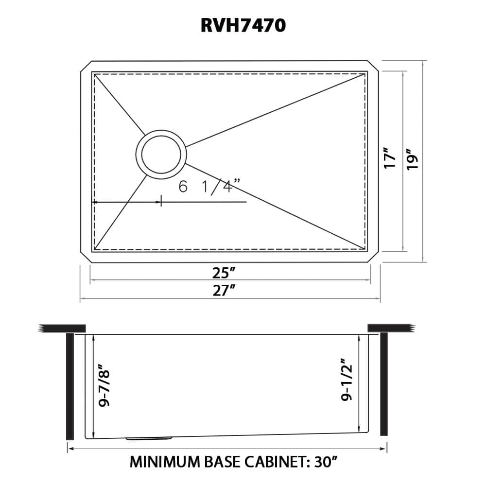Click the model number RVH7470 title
tap(243, 26)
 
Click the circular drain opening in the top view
tap(162, 153)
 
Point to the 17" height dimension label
tap(391, 158)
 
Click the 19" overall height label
tap(413, 158)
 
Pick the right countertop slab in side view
tap(392, 328)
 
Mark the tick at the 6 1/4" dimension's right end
tap(161, 201)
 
